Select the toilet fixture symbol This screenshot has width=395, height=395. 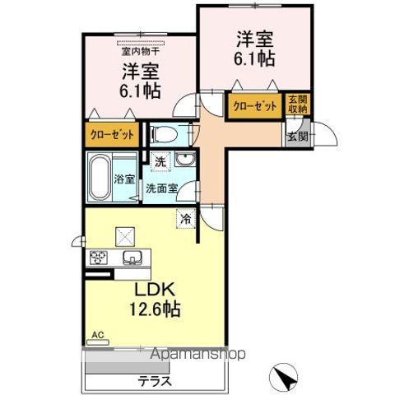tap(161, 133)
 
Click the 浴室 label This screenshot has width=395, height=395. tap(125, 179)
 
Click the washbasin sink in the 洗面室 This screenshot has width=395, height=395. tap(186, 160)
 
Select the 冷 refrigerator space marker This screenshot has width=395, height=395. tap(187, 219)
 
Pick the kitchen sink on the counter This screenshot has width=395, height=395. tap(131, 258)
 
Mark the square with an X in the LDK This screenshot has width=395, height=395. tap(126, 236)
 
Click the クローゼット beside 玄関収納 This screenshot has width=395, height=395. tap(254, 106)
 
